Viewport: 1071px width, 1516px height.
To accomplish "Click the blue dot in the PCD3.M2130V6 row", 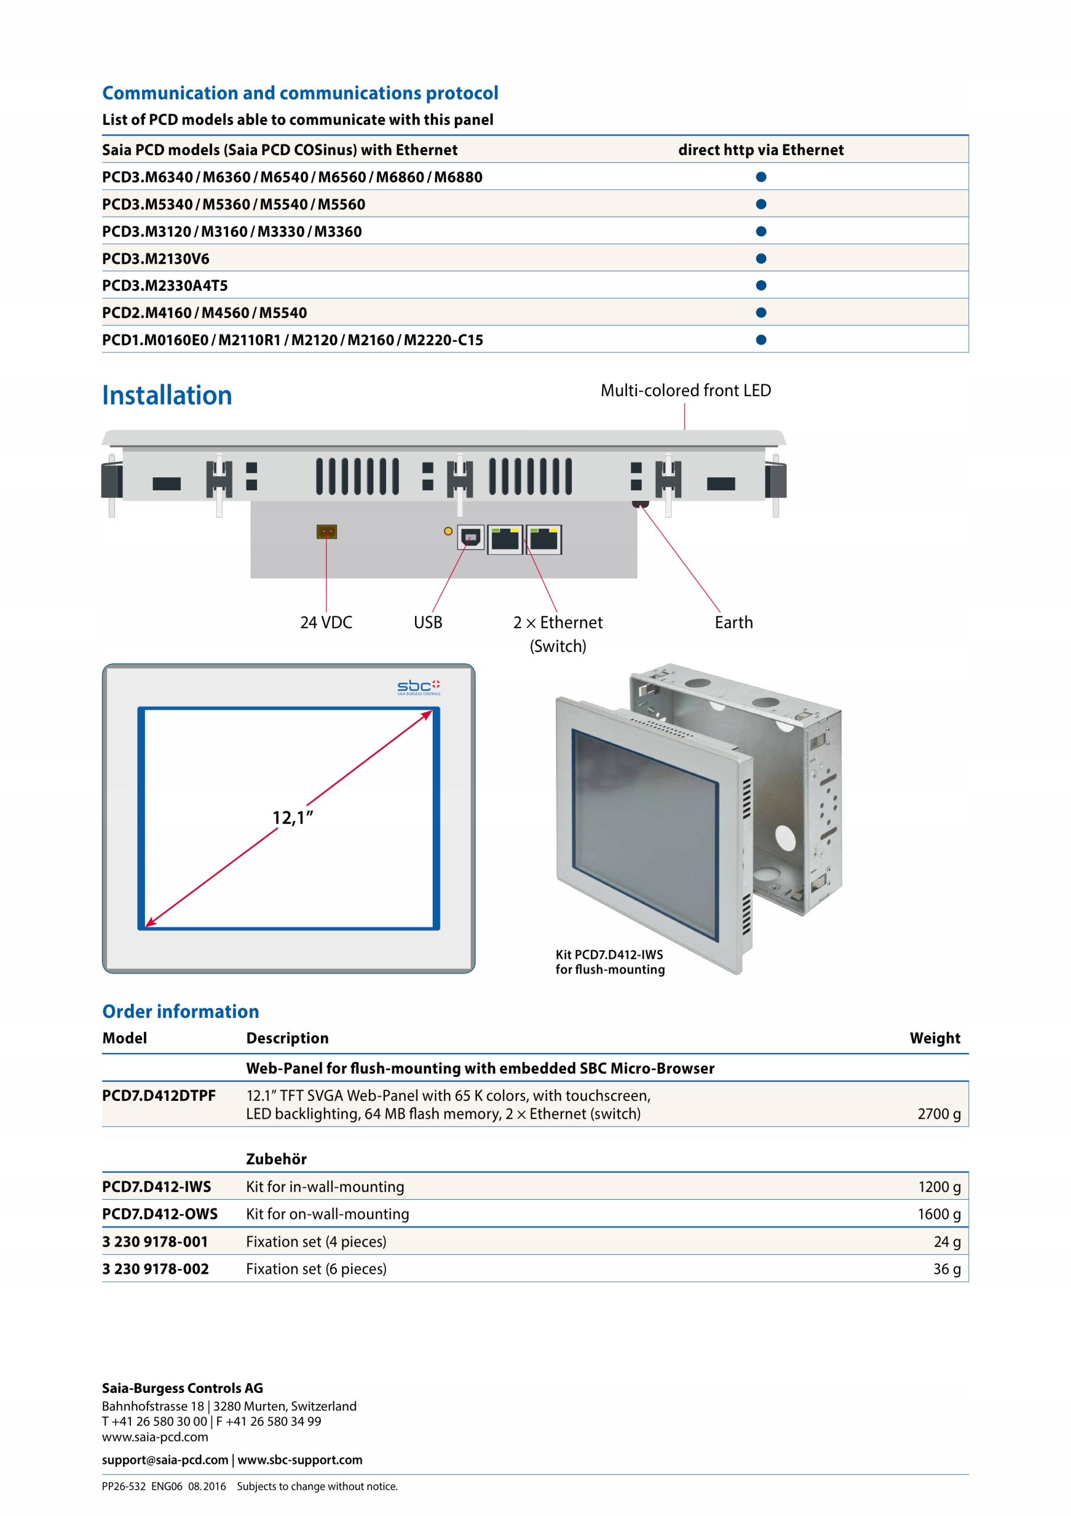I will (761, 259).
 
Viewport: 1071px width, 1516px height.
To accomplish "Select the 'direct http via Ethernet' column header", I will (761, 150).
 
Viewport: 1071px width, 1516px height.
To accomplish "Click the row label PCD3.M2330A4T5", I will (165, 286).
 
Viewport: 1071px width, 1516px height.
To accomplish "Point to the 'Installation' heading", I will (167, 396).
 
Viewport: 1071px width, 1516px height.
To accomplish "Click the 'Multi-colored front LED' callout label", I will (686, 391).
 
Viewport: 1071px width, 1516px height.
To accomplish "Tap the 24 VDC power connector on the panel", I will (326, 532).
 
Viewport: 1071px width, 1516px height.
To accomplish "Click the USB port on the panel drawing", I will (470, 538).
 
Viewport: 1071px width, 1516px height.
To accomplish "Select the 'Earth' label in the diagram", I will (733, 622).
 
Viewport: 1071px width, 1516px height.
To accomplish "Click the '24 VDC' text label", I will (326, 622).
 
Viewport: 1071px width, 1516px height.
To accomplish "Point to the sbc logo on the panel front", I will (419, 688).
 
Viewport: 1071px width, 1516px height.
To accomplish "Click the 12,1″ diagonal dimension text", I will (292, 818).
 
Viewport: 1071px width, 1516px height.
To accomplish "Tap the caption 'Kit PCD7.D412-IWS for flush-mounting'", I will (609, 962).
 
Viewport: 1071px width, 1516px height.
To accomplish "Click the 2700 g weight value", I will (938, 1114).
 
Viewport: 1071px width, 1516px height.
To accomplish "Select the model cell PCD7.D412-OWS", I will (160, 1214).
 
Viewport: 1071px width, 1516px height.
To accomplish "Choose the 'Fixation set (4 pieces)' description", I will (316, 1242).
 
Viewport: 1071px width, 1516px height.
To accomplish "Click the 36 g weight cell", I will (946, 1269).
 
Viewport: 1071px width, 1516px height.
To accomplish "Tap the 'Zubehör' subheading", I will (276, 1160).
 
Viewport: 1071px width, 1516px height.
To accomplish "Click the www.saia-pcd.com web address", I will (155, 1437).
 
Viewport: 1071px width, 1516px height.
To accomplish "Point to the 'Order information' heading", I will (180, 1011).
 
